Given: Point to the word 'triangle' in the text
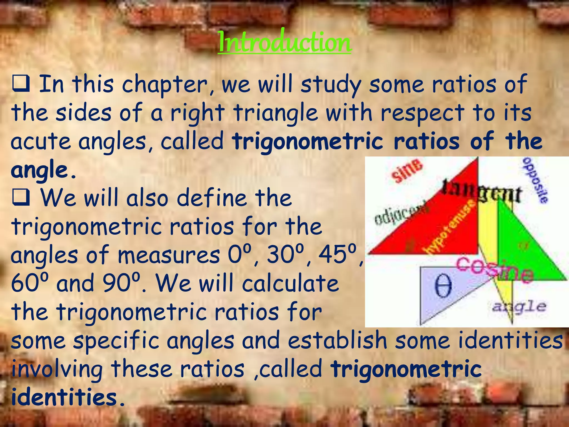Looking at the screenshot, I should (275, 113).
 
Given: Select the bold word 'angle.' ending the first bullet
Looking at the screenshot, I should (43, 170).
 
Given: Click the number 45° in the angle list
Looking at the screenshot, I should (337, 255).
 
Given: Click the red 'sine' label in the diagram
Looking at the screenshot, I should (407, 171).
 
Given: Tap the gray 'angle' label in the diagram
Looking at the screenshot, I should (519, 307).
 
